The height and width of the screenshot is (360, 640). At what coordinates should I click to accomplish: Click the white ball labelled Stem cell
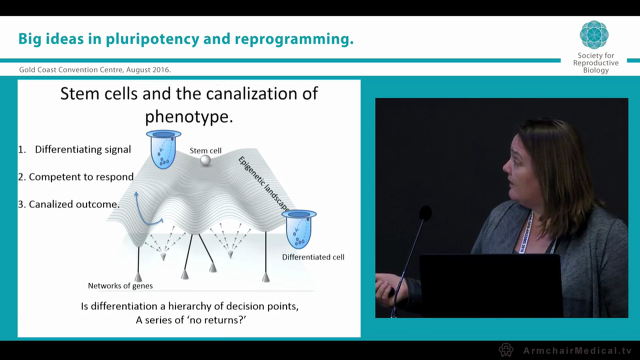205,160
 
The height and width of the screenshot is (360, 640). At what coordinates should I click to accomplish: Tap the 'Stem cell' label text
205,150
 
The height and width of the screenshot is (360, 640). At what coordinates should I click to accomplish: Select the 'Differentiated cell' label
313,257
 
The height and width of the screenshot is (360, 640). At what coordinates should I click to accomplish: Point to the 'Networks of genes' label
120,286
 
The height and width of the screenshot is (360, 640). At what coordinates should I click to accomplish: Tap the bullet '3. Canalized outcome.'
68,204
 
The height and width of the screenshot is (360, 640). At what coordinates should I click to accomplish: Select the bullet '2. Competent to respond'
75,176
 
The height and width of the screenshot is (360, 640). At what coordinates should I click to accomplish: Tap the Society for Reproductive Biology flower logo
594,34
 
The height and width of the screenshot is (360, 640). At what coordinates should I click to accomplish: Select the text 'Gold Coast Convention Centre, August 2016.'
95,70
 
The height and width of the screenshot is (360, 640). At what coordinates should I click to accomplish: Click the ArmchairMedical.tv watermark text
577,350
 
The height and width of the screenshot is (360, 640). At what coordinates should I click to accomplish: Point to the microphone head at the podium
425,213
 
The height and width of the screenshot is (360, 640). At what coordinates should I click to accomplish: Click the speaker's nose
504,167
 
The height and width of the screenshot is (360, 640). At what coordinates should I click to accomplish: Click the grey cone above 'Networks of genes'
138,276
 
